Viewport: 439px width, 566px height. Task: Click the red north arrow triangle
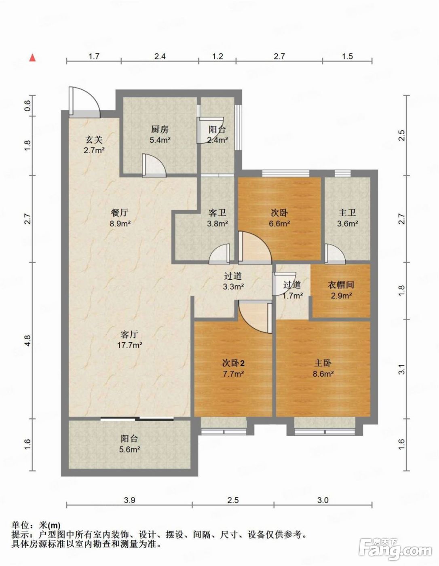[33, 57]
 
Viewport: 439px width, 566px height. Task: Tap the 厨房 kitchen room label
[160, 129]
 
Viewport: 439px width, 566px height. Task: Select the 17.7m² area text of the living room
[129, 345]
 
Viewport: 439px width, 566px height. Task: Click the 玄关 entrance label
[94, 140]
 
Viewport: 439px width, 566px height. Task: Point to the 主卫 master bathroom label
[347, 213]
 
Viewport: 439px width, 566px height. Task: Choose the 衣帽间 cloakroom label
[341, 285]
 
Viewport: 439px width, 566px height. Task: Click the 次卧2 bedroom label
[233, 363]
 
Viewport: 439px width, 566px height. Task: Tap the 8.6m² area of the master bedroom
[323, 374]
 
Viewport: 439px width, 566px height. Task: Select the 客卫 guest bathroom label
[217, 213]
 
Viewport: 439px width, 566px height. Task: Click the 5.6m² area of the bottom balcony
[129, 449]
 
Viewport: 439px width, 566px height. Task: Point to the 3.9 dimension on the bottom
[129, 501]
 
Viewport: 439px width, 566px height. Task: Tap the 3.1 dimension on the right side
[402, 370]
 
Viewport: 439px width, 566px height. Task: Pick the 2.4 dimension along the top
[160, 56]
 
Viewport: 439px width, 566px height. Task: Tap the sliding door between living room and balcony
[137, 419]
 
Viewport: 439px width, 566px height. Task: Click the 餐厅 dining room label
[120, 213]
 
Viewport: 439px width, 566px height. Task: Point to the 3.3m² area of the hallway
[233, 287]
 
